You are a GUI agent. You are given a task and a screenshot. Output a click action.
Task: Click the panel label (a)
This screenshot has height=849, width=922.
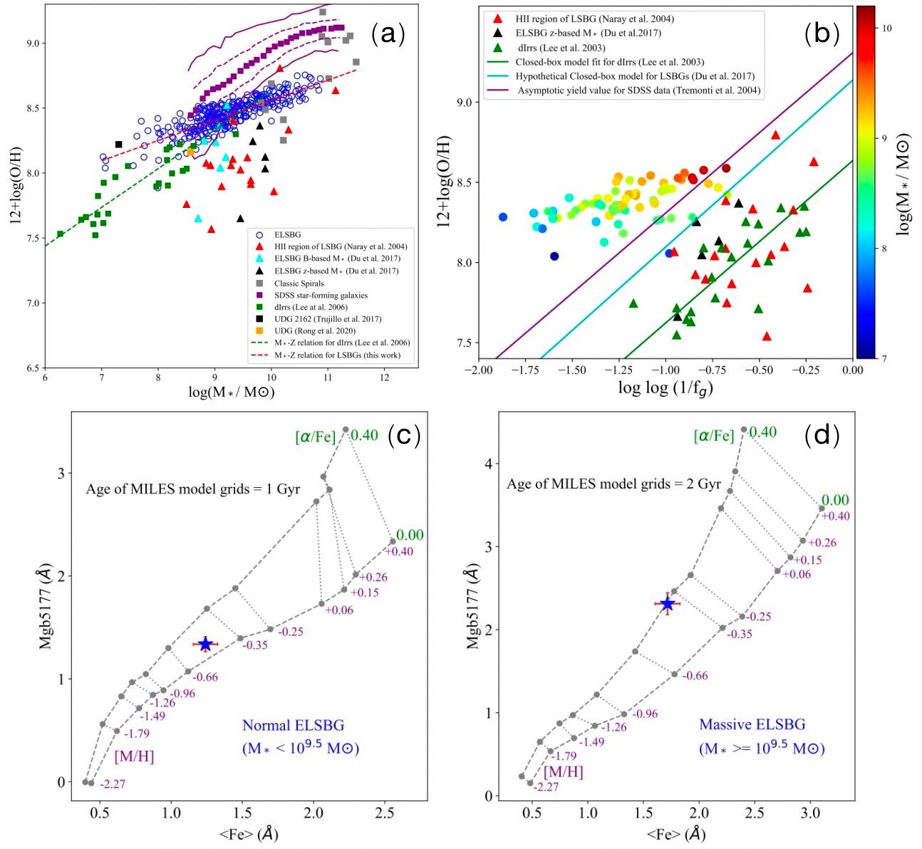388,33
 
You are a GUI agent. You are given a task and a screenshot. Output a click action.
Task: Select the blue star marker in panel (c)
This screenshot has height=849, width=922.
205,644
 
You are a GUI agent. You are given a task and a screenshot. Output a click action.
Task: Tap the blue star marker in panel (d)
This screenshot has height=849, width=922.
668,604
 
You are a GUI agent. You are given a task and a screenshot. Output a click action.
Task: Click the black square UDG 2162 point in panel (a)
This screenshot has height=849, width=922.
119,145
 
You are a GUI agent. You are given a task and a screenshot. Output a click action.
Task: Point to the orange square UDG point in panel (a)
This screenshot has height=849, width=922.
190,152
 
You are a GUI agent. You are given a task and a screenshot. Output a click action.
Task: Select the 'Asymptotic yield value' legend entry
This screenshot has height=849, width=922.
638,90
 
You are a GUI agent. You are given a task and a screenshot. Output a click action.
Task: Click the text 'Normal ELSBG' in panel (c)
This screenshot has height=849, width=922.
293,726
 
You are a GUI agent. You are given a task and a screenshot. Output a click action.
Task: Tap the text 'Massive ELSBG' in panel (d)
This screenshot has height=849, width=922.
752,725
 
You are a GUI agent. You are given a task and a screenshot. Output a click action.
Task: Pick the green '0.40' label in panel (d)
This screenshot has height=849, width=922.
763,432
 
